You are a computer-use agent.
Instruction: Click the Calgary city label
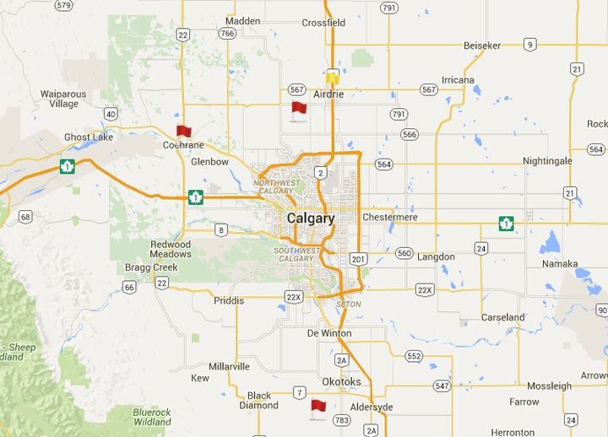point(311,218)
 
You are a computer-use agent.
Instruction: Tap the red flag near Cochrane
point(183,131)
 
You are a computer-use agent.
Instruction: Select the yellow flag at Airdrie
point(333,78)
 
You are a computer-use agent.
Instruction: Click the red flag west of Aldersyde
point(318,407)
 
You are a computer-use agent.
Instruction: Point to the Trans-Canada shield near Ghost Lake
point(67,166)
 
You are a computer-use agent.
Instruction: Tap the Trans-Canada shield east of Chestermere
point(506,224)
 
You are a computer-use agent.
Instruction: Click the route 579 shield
point(63,6)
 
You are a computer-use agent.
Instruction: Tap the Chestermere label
point(390,217)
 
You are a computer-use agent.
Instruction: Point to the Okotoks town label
point(341,381)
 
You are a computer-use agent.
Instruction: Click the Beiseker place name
point(481,45)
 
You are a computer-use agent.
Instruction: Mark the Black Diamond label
point(259,400)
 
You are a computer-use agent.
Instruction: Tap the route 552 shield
point(414,356)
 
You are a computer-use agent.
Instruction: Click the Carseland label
point(502,318)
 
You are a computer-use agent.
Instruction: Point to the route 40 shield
point(111,113)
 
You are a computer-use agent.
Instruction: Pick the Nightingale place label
point(547,160)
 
